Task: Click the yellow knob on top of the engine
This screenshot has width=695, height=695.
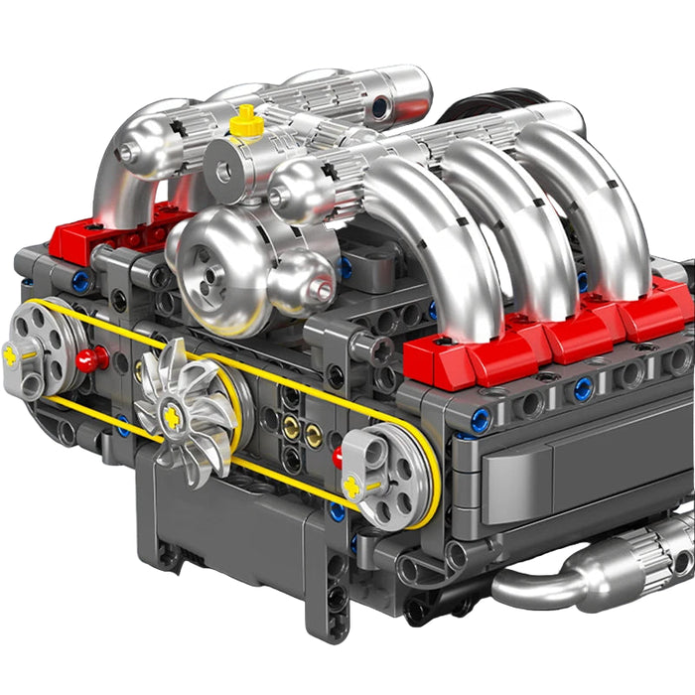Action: pos(246,122)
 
